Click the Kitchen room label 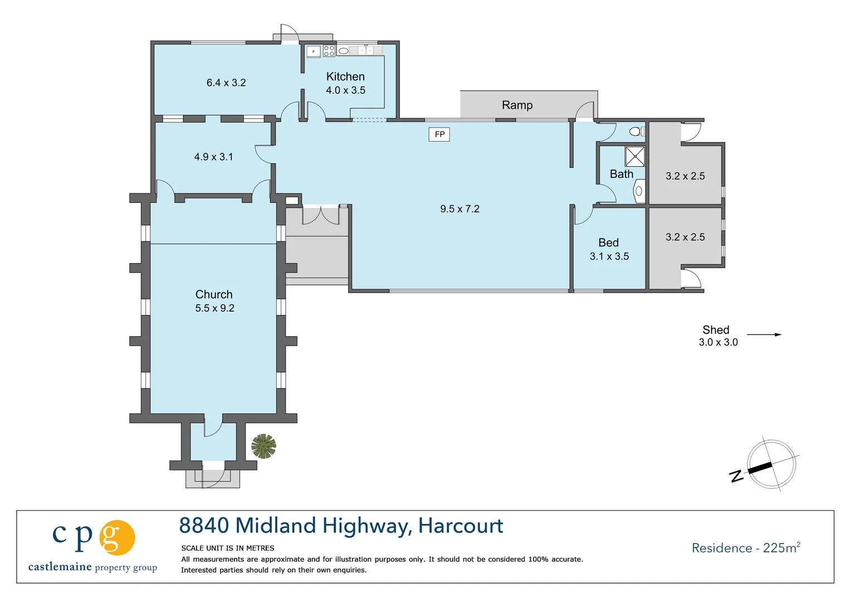345,77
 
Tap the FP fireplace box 439,134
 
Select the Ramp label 517,105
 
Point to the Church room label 214,294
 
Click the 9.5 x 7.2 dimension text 459,209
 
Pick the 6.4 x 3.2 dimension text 226,83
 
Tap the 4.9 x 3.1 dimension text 213,157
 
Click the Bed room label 608,242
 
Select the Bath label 621,174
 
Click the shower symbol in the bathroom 634,156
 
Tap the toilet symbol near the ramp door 637,132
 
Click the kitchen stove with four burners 329,51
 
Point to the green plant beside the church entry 263,446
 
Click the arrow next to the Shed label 764,334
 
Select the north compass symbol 771,465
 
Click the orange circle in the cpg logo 117,537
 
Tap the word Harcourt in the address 461,526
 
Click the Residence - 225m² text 746,548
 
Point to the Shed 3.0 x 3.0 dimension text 718,342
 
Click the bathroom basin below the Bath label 639,191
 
